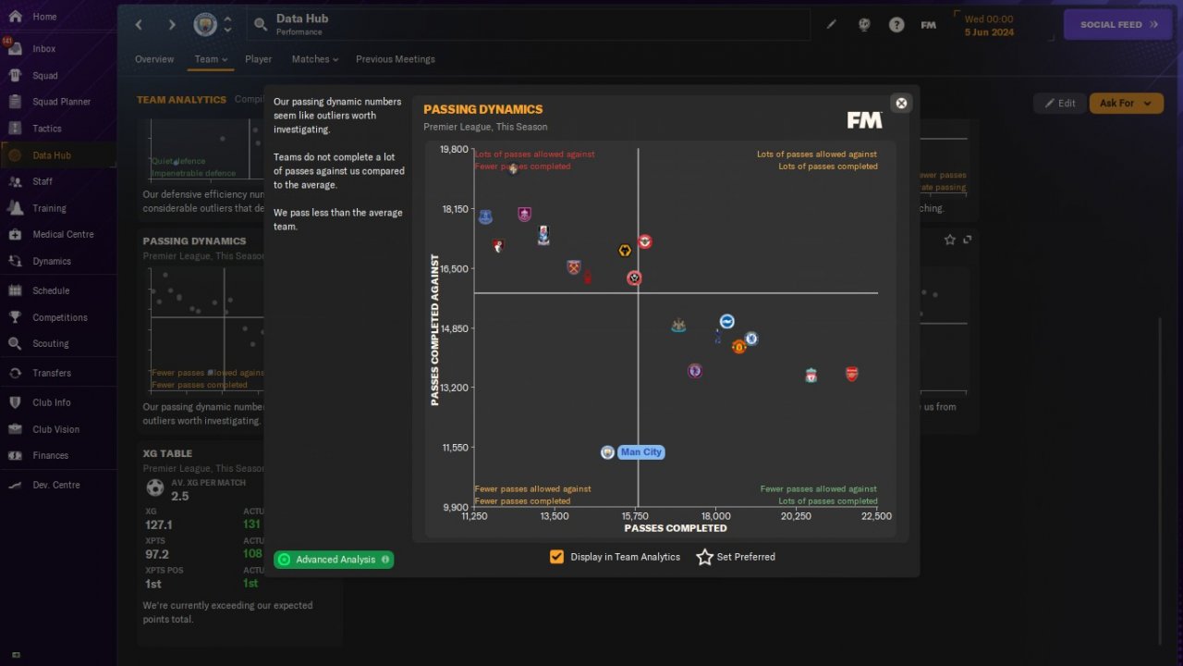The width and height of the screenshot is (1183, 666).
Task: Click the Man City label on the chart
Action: [x=640, y=452]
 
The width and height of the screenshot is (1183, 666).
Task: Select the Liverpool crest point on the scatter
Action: [x=811, y=375]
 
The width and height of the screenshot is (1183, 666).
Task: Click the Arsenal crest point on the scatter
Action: [x=851, y=374]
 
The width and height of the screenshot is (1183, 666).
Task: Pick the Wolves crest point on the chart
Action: [x=625, y=251]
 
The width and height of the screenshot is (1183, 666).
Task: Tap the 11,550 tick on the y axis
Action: [x=454, y=448]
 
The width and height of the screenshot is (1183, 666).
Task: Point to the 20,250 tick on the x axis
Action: [x=795, y=516]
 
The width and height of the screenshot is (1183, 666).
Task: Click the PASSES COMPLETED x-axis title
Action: [x=676, y=528]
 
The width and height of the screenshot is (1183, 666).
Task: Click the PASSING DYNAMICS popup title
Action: [x=483, y=109]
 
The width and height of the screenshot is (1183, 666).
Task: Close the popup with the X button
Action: [x=901, y=103]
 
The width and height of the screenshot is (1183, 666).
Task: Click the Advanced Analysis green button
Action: [x=334, y=560]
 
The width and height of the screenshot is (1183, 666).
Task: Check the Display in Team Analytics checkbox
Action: [x=556, y=557]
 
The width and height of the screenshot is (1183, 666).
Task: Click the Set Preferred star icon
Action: [x=704, y=557]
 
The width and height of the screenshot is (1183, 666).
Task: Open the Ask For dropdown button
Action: [x=1126, y=103]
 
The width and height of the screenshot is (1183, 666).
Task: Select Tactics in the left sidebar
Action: [x=46, y=129]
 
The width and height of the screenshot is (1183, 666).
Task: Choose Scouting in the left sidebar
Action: [x=50, y=343]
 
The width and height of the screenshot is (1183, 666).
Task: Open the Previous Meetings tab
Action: [x=395, y=59]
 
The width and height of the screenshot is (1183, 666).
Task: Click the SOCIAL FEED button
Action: [x=1118, y=24]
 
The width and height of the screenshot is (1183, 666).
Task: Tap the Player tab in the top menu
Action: [x=258, y=59]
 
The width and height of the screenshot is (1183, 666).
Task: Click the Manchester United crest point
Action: [x=738, y=347]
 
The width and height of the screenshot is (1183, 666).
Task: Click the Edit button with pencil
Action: [x=1059, y=103]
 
